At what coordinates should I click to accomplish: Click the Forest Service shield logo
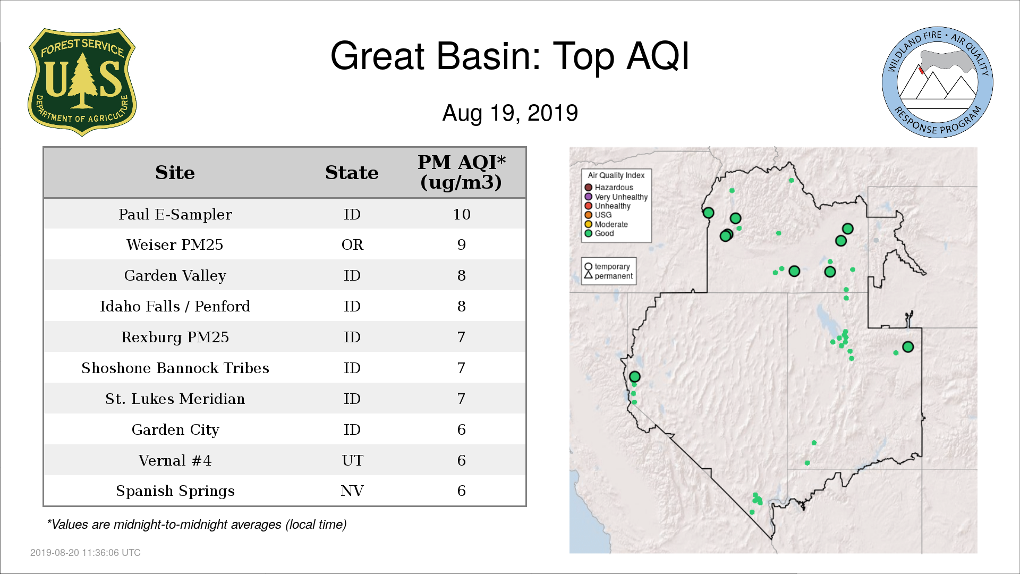coord(82,82)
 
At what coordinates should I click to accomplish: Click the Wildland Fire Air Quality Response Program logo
coord(938,82)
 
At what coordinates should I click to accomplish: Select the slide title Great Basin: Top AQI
coord(510,56)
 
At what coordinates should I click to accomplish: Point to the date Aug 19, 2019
coord(510,113)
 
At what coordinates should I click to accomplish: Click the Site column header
coord(175,173)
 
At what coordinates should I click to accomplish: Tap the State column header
coord(352,173)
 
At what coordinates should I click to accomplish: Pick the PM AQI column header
coord(461,172)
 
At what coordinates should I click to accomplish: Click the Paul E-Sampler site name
coord(175,214)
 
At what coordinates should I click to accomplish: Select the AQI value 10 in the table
coord(462,214)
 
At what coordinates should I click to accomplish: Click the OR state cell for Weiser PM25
coord(352,244)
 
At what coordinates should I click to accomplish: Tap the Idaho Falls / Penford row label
coord(175,307)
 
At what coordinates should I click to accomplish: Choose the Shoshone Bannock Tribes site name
coord(175,368)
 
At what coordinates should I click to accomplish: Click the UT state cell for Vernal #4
coord(352,460)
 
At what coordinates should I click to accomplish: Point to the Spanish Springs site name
coord(175,491)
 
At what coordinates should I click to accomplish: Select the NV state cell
coord(352,491)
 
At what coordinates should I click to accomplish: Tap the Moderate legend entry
coord(606,224)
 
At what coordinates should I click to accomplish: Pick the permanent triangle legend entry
coord(608,276)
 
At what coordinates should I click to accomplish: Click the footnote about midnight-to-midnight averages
coord(197,525)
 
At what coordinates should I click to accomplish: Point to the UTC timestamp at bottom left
coord(86,553)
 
